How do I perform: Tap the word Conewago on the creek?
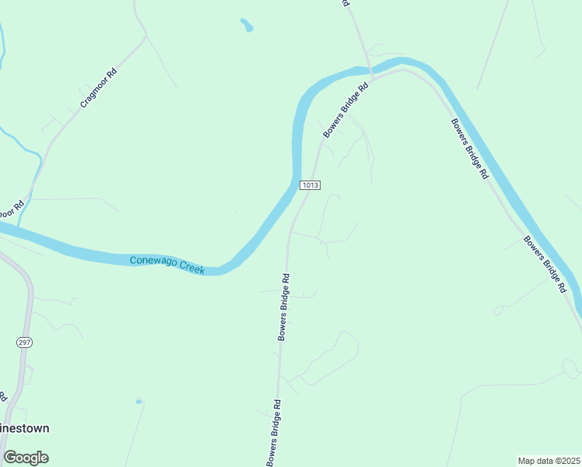point(153,262)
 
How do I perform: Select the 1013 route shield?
point(310,184)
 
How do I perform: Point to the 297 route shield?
point(23,342)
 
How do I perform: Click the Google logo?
point(26,458)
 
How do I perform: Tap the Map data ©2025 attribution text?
point(549,460)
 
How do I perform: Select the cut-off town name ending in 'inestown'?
point(25,428)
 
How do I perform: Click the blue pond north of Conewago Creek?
point(247,26)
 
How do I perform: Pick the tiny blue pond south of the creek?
point(138,402)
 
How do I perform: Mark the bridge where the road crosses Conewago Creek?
point(370,74)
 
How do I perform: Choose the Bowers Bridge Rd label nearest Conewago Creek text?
point(284,307)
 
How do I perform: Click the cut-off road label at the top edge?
point(345,4)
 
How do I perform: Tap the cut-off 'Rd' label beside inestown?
point(3,395)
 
